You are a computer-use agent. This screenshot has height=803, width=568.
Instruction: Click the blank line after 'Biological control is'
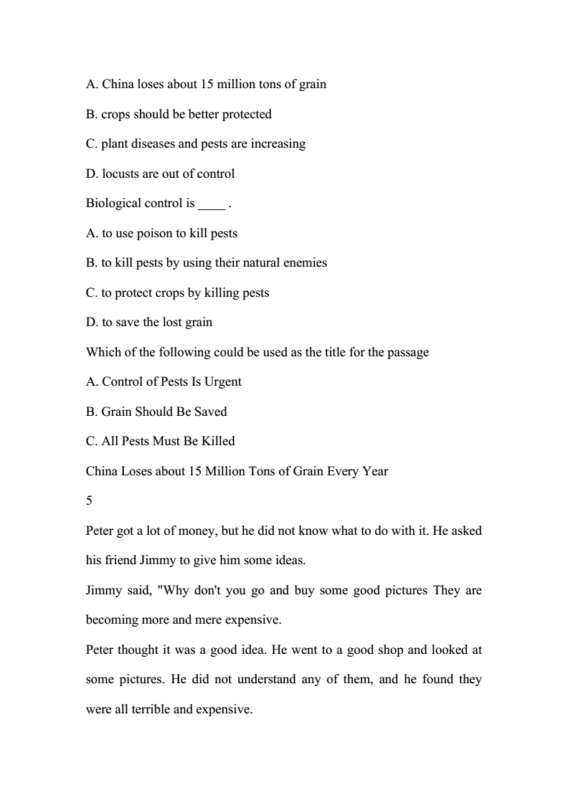(x=211, y=204)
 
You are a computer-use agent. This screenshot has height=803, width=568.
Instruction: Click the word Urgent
(x=223, y=381)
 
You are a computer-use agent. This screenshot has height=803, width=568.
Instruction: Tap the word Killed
(x=218, y=441)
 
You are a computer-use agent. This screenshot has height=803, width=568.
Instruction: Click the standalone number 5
(x=89, y=500)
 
